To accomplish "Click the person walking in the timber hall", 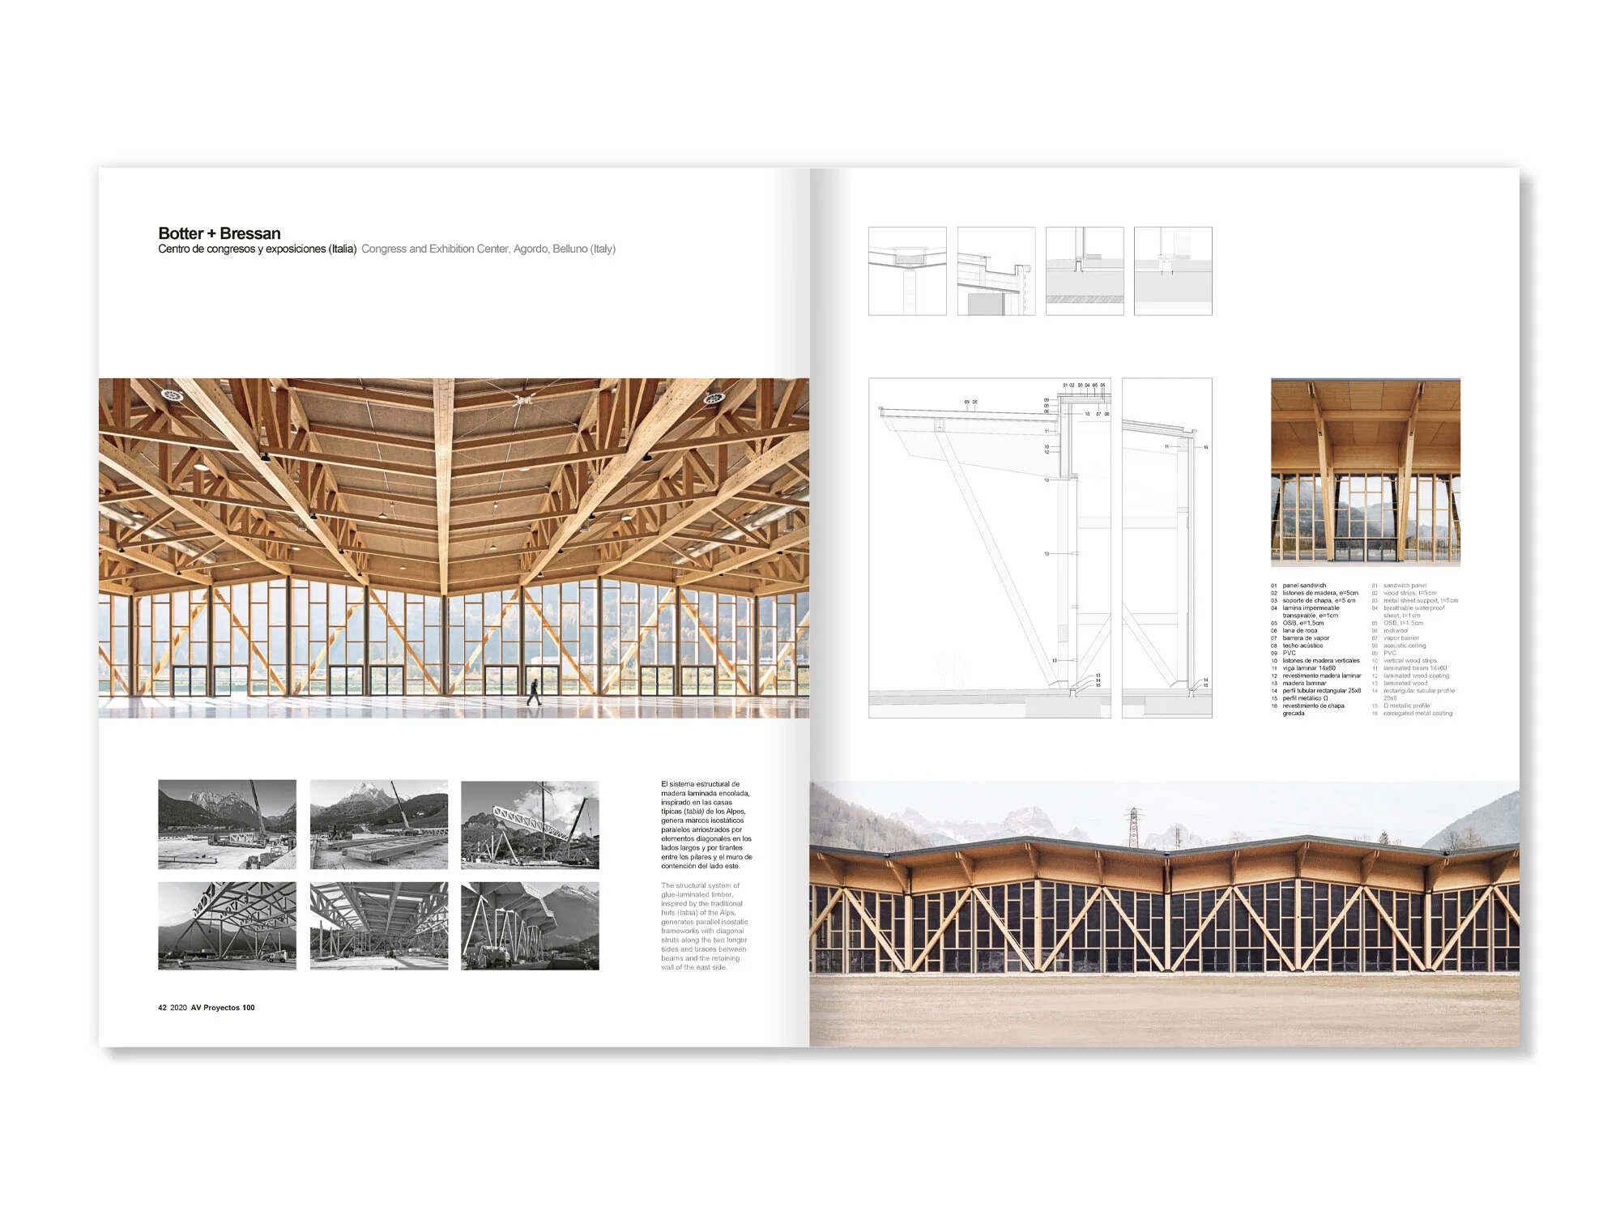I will pos(534,691).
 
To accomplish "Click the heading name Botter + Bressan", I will pos(220,233).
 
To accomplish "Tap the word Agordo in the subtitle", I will pos(531,249).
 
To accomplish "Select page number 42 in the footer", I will pos(162,1008).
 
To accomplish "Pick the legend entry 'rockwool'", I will pos(1396,630).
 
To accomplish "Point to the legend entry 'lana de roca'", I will pos(1299,630).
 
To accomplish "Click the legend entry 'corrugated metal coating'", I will pos(1417,714).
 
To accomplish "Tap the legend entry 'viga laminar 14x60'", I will pos(1308,668).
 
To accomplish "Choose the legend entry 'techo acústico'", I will pos(1302,646).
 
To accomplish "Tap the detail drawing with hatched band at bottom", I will pos(1085,271).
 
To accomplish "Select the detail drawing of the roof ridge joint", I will pos(907,271).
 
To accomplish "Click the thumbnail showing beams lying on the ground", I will pos(378,825).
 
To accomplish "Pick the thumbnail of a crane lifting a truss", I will pos(530,825).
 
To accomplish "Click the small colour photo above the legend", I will pos(1365,471).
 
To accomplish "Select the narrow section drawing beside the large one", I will pos(1166,548).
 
